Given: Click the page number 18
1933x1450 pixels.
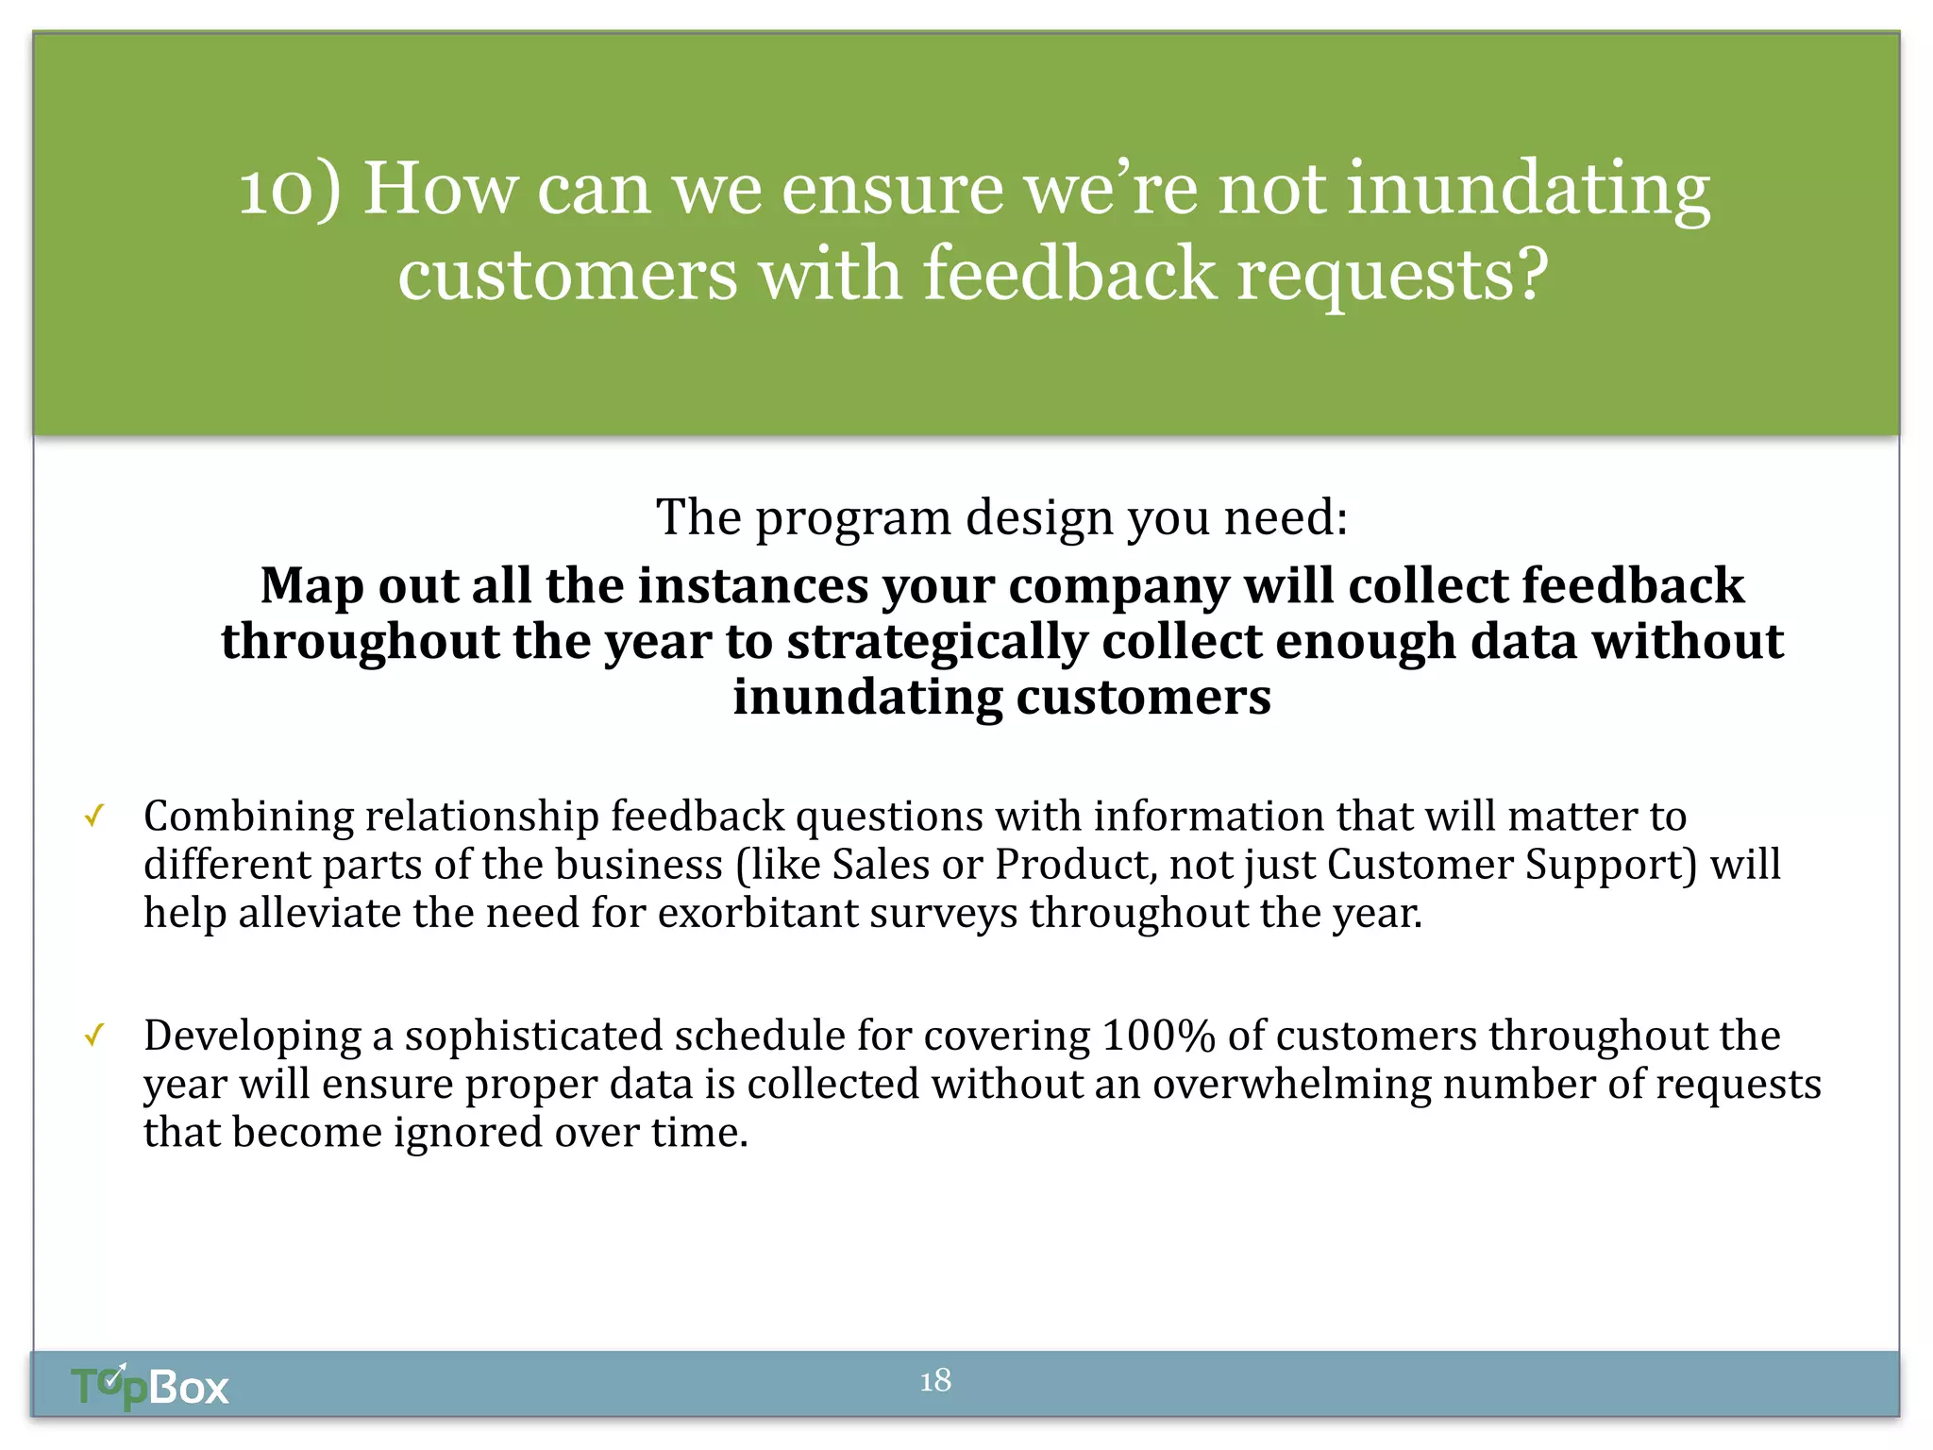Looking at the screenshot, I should tap(935, 1381).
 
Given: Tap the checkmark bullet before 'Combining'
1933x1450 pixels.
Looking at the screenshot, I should tap(93, 816).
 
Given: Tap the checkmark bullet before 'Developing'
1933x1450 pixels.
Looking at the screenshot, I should tap(93, 1036).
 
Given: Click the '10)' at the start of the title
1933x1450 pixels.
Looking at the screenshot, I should tap(289, 190).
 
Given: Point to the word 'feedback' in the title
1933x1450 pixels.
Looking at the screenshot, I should tap(1069, 275).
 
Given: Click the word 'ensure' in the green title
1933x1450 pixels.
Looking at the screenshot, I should tap(891, 190).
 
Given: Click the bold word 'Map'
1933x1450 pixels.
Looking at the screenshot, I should tap(311, 585).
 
